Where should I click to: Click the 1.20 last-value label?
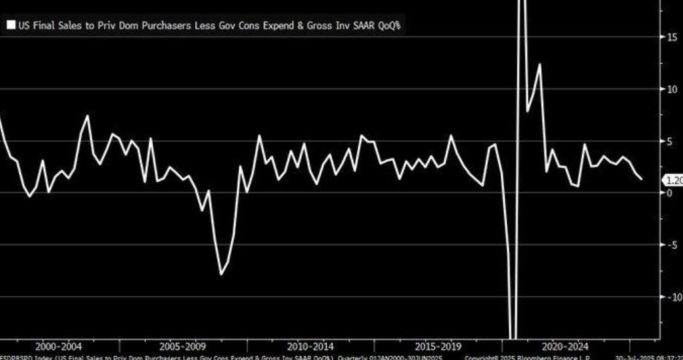coord(672,180)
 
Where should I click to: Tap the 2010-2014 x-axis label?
coord(311,347)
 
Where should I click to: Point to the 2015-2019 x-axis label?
coord(437,347)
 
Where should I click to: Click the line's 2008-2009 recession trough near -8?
coord(221,274)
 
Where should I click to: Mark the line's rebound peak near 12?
coord(540,64)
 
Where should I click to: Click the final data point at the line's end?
coord(642,179)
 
